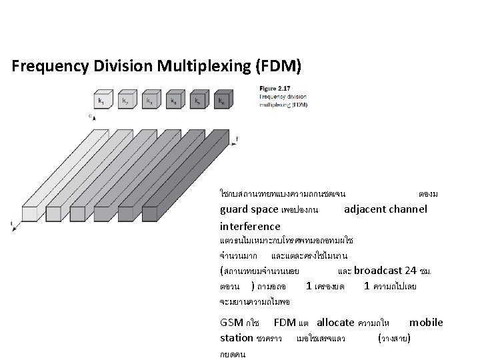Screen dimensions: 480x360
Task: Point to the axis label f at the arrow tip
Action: [x=237, y=139]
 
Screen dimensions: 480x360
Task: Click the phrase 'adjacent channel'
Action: [x=385, y=209]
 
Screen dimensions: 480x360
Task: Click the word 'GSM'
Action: [x=231, y=323]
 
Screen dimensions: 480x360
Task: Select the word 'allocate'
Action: [x=336, y=323]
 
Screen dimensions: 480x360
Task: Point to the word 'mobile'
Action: [x=426, y=323]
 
